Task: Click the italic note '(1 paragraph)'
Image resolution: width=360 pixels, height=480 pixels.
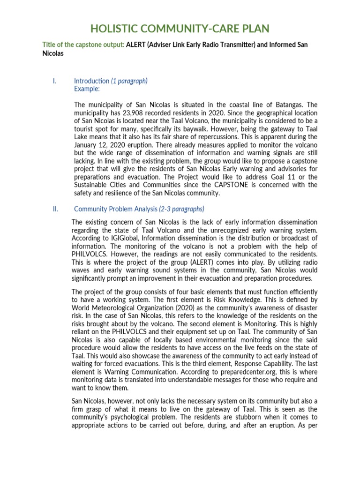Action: (x=129, y=81)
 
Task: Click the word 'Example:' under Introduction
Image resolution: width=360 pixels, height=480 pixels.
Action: (x=87, y=89)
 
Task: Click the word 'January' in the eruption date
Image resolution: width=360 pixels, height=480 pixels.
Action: (x=87, y=145)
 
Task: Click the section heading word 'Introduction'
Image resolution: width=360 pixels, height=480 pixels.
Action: (x=91, y=81)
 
